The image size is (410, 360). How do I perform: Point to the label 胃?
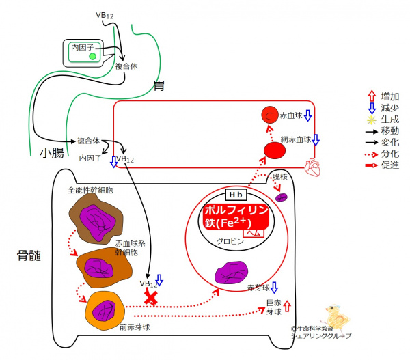(160, 86)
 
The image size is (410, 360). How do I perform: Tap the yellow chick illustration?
(336, 318)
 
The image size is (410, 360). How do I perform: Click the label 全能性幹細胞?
(91, 191)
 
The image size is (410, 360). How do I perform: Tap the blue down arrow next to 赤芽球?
(274, 288)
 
